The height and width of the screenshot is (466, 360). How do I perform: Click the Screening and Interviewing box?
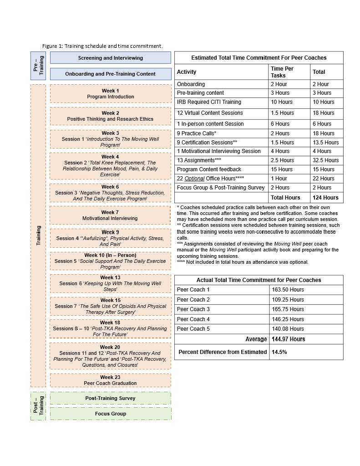pyautogui.click(x=111, y=58)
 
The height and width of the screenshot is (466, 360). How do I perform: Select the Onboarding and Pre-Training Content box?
pyautogui.click(x=111, y=74)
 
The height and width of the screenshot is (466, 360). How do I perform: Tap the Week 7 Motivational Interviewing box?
pyautogui.click(x=110, y=215)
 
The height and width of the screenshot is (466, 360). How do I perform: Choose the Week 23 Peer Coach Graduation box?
pyautogui.click(x=110, y=380)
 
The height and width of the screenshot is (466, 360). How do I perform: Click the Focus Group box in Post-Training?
pyautogui.click(x=111, y=414)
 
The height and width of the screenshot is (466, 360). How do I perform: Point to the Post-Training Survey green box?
pyautogui.click(x=111, y=398)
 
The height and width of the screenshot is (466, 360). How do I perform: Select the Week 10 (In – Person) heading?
pyautogui.click(x=110, y=255)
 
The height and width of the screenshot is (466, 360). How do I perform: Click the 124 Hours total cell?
pyautogui.click(x=325, y=198)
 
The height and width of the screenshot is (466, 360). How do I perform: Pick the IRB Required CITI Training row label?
pyautogui.click(x=209, y=102)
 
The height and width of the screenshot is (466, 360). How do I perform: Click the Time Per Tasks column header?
pyautogui.click(x=282, y=72)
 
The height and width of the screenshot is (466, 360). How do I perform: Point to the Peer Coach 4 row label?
pyautogui.click(x=193, y=319)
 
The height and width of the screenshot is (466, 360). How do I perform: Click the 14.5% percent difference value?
pyautogui.click(x=279, y=352)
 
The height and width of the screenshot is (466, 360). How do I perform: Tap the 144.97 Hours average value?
pyautogui.click(x=288, y=339)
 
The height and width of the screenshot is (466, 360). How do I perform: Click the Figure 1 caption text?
pyautogui.click(x=102, y=46)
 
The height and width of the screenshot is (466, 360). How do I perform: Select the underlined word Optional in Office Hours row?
pyautogui.click(x=194, y=179)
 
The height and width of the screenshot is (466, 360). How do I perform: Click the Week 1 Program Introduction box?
pyautogui.click(x=110, y=94)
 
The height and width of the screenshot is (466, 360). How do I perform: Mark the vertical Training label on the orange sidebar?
pyautogui.click(x=38, y=236)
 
